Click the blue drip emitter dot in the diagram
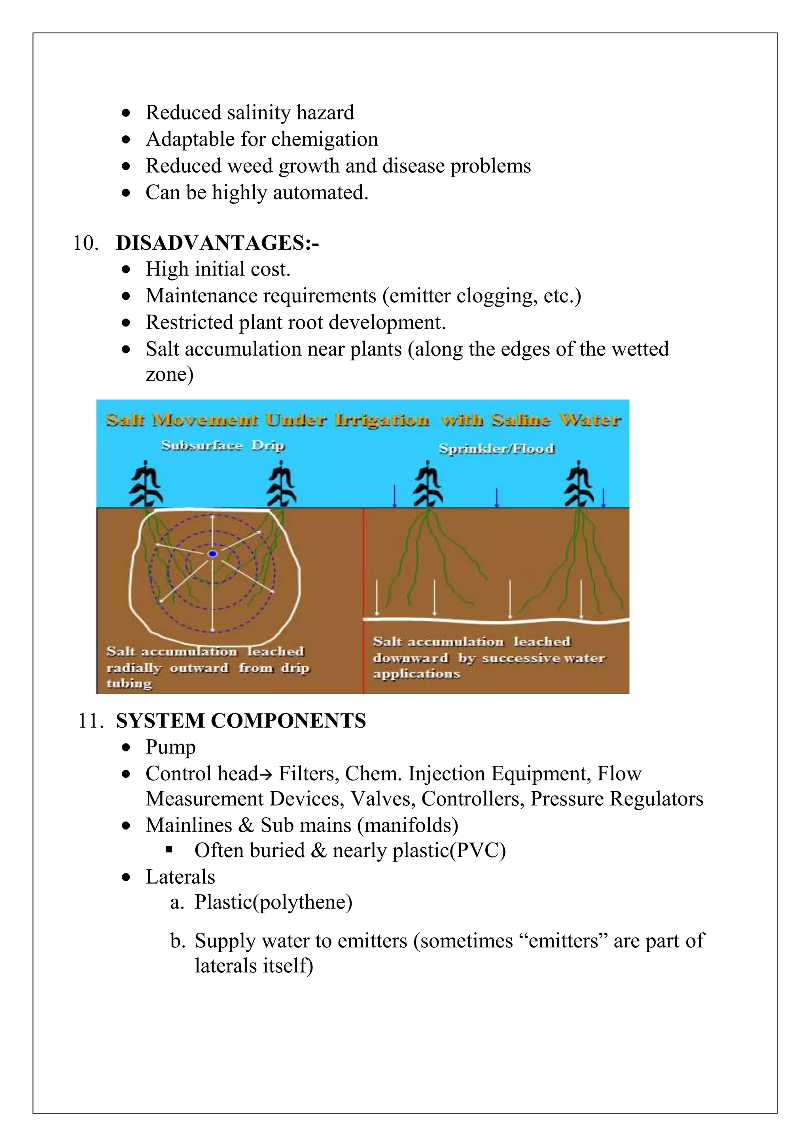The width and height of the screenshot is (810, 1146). click(212, 554)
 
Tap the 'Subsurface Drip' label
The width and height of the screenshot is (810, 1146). click(222, 445)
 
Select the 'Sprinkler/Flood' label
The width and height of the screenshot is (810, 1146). click(496, 449)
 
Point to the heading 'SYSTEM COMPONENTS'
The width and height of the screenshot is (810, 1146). click(241, 721)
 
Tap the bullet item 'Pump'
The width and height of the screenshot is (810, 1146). click(170, 747)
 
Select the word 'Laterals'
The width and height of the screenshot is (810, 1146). click(180, 877)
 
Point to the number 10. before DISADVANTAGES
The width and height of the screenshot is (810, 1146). click(85, 243)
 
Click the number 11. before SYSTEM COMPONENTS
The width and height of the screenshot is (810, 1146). click(90, 721)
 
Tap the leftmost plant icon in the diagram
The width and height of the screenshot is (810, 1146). click(145, 484)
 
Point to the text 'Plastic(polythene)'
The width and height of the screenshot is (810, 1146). click(273, 902)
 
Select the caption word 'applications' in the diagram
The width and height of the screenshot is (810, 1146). click(416, 674)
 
